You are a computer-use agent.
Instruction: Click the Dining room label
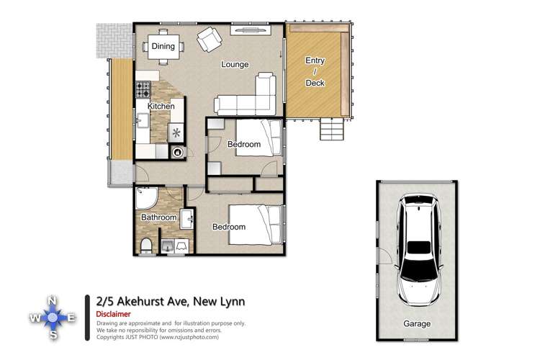click(163, 47)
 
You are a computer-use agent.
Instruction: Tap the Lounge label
click(235, 65)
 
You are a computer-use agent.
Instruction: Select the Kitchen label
click(161, 107)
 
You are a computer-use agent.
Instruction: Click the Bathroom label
click(158, 217)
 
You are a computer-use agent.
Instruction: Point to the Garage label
click(417, 324)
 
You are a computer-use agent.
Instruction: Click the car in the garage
click(418, 248)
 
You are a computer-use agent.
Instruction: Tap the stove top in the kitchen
click(143, 89)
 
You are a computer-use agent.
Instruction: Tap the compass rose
click(53, 317)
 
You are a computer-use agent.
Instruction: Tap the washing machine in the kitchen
click(177, 152)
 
